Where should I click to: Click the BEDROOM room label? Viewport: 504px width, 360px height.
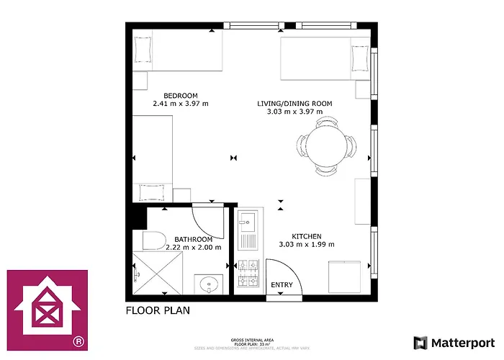tap(180, 96)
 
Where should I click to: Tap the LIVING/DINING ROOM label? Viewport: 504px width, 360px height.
tap(294, 104)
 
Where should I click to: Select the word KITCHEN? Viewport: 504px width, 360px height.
tap(306, 236)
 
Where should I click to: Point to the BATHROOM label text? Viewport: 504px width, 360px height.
tap(193, 239)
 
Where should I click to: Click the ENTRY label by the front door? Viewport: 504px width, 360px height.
tap(282, 285)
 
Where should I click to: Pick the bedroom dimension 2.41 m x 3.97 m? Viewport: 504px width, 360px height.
tap(180, 104)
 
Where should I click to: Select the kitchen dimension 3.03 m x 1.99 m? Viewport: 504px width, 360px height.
tap(306, 244)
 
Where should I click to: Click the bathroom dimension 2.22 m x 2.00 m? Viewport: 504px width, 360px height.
tap(193, 247)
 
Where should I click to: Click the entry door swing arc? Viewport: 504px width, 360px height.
tap(284, 274)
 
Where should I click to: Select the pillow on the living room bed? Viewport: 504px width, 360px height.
tap(359, 55)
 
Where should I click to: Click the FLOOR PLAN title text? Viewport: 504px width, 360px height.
tap(158, 312)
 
